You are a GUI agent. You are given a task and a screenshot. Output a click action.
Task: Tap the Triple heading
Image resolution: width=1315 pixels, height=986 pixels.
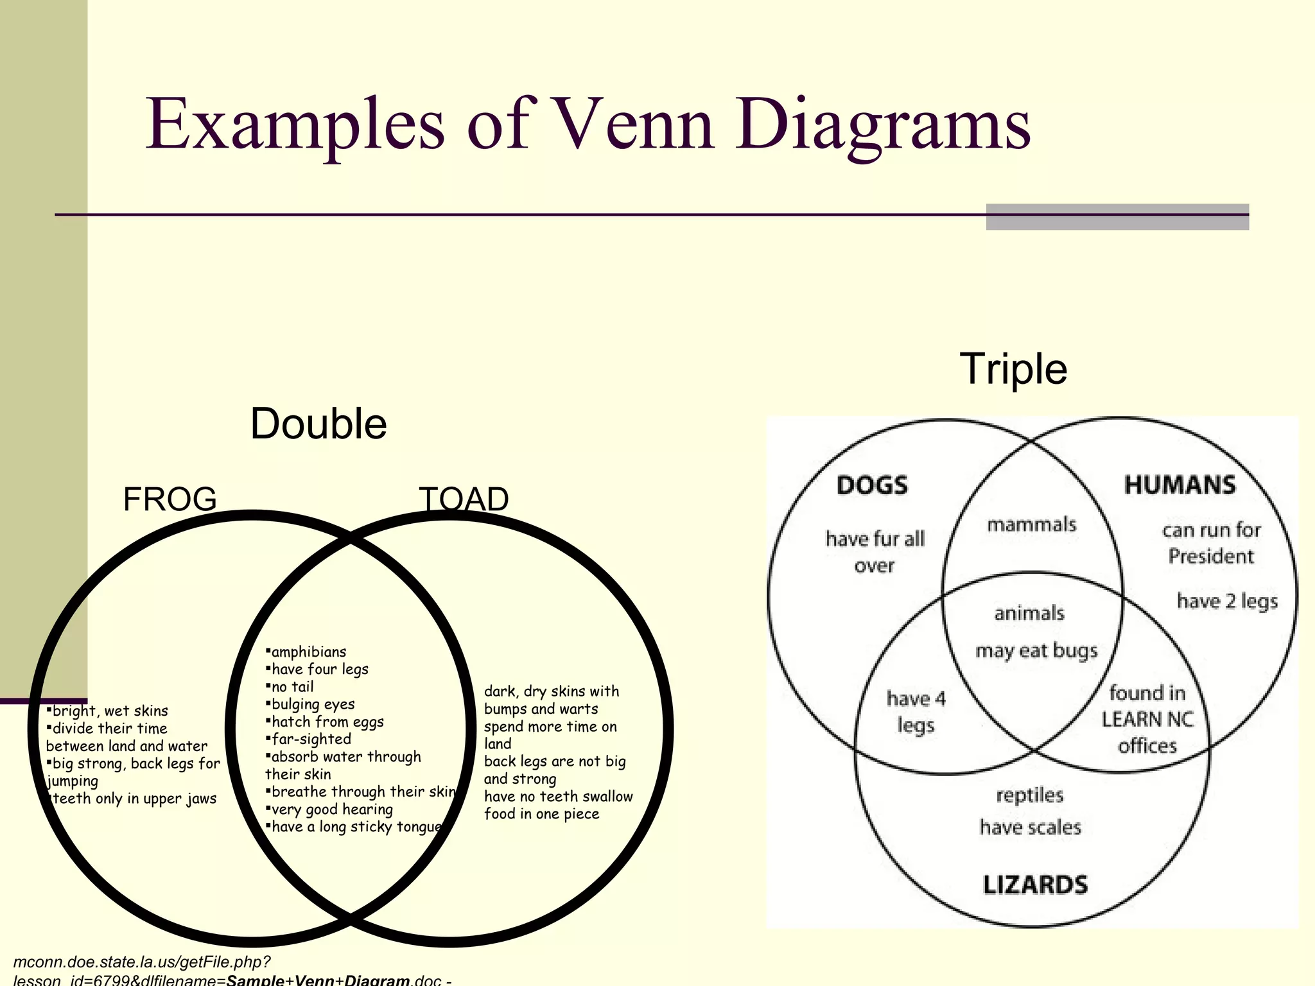[1013, 369]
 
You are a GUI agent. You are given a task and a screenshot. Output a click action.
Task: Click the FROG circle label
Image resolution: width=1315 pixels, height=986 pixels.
[170, 499]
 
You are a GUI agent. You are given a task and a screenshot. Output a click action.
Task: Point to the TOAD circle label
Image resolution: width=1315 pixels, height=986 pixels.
[464, 499]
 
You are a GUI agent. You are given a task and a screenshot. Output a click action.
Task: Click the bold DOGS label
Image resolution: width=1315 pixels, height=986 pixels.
[872, 485]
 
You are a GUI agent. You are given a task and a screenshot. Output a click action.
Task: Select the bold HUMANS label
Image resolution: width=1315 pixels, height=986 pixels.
[1180, 485]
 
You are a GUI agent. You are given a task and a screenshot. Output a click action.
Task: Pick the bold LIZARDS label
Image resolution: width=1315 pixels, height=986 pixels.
[1035, 885]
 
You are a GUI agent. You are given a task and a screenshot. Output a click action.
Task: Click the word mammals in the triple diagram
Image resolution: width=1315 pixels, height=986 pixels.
[1031, 524]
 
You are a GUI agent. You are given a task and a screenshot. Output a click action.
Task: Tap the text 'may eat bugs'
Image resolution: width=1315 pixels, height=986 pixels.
[1036, 651]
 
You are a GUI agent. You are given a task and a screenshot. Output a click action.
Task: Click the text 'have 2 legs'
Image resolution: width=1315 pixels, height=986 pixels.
[1227, 601]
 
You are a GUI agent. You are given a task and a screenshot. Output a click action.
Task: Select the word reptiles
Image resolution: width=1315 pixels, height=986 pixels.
[1030, 795]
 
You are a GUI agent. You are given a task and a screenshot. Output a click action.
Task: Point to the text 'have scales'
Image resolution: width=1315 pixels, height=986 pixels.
[1030, 827]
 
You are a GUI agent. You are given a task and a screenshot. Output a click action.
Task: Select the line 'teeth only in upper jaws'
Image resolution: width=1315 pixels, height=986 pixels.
[134, 799]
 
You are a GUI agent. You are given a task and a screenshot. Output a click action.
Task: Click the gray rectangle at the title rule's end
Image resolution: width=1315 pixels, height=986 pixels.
[1117, 217]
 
